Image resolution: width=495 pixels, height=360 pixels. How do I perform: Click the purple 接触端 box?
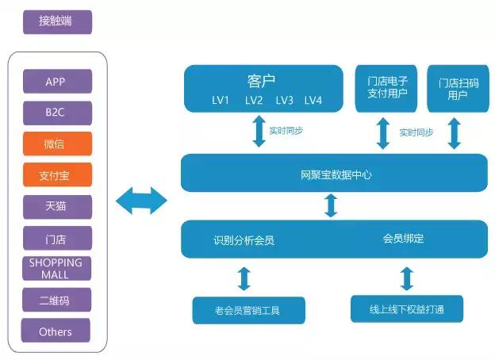point(57,21)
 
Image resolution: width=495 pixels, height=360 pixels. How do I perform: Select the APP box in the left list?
point(57,82)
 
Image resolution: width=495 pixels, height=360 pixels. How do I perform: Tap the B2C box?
point(57,113)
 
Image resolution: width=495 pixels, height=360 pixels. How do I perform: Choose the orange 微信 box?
point(57,144)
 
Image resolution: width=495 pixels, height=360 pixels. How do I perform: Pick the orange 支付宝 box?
point(57,174)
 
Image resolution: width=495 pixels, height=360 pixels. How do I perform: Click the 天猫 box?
point(57,207)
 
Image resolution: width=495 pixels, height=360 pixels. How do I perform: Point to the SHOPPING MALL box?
point(57,269)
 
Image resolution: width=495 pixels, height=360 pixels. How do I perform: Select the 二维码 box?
point(57,300)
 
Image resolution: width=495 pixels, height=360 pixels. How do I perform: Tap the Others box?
point(56,331)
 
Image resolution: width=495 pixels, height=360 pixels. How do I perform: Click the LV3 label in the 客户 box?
point(285,101)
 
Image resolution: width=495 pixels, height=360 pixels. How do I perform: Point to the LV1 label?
point(221,101)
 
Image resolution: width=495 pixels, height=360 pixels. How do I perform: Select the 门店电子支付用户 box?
point(386,89)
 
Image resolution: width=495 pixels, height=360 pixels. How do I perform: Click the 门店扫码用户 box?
point(458,89)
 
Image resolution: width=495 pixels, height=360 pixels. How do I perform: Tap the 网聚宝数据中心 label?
point(336,174)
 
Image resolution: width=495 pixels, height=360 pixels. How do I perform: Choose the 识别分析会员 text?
point(244,240)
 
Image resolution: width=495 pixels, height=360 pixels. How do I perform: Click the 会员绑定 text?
point(403,239)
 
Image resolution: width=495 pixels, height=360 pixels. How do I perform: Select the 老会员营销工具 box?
point(249,311)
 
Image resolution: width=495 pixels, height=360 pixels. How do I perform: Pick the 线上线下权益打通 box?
point(407,309)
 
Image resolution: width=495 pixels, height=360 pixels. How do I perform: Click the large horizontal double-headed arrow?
point(141,201)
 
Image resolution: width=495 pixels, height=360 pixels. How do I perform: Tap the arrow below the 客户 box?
point(259,131)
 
